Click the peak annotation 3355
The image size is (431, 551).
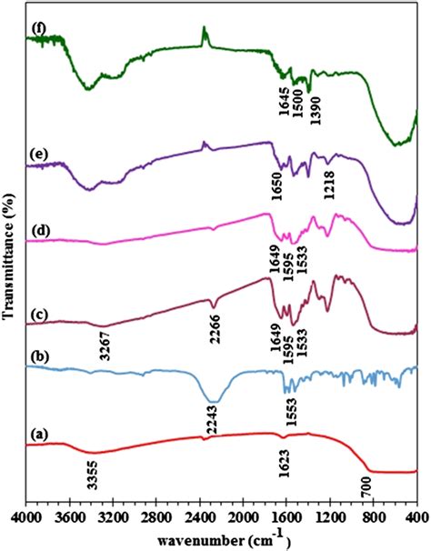pos(91,475)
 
